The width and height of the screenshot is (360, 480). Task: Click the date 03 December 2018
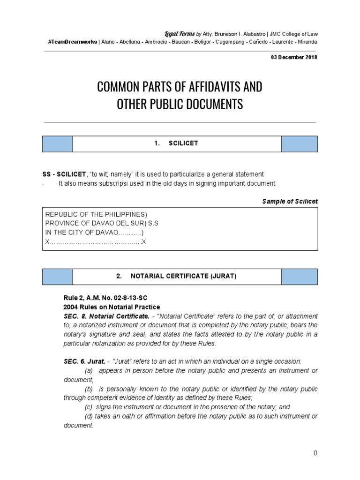tap(294, 57)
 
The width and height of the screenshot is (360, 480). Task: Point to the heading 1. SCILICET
tap(176, 144)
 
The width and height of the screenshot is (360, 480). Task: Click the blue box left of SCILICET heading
tap(57, 144)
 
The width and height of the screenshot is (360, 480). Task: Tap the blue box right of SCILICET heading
tap(299, 144)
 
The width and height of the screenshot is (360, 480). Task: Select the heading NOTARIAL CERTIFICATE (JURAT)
tap(176, 277)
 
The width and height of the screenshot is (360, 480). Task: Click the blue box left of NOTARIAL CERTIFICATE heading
tap(57, 277)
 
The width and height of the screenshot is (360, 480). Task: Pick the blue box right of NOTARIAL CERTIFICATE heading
tap(299, 277)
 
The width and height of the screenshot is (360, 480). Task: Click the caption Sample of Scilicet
tap(290, 201)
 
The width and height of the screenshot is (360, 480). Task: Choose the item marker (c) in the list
tap(88, 407)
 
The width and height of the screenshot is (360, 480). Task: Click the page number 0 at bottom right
tap(315, 453)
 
